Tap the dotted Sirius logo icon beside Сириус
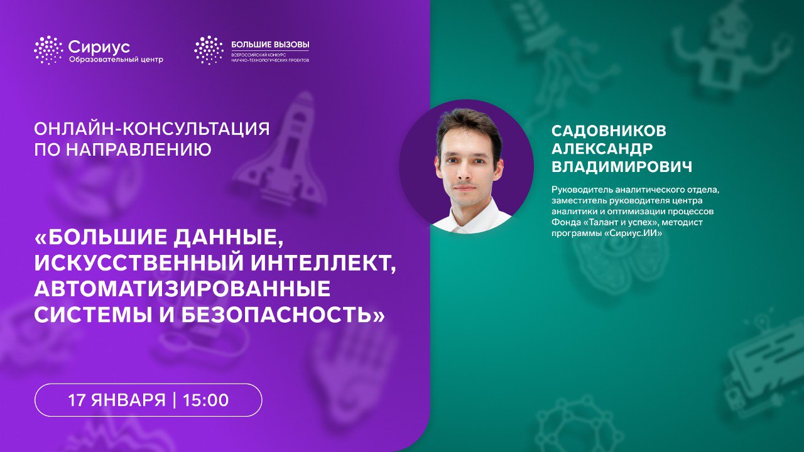[x=48, y=50]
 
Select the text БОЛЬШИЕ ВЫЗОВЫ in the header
[x=270, y=45]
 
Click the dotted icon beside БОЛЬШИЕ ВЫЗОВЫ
[x=209, y=50]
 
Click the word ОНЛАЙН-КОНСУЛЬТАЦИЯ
[x=151, y=129]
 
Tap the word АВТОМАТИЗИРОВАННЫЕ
[x=182, y=289]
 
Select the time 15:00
[x=205, y=400]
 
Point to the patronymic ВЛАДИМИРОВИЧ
[x=622, y=167]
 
